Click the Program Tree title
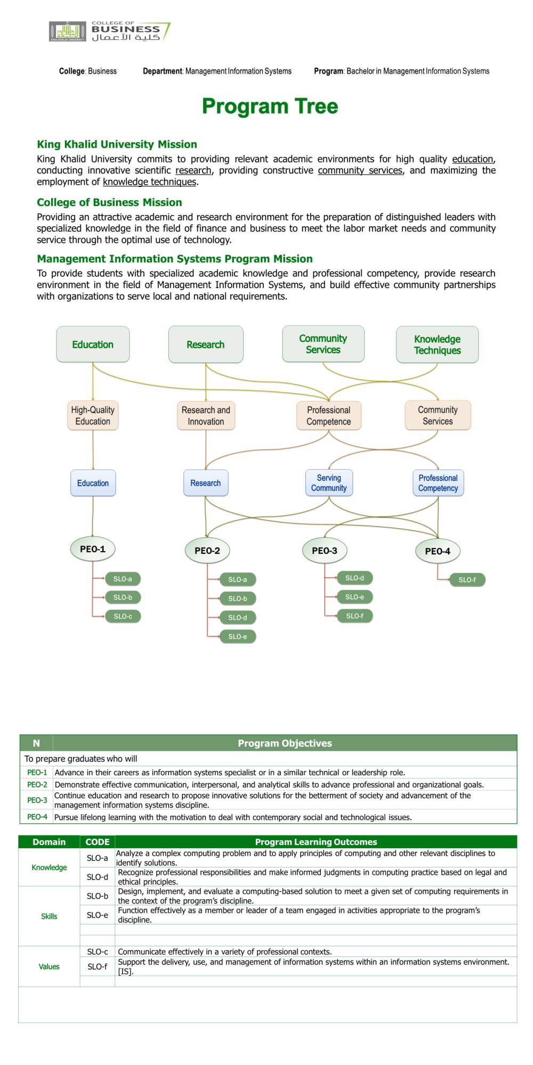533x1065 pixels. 270,106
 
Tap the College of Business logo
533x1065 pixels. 110,31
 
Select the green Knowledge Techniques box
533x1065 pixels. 437,345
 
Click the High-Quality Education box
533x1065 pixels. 93,415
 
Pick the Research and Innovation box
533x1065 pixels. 206,415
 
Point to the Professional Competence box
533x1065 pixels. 329,415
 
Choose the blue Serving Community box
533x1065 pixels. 329,483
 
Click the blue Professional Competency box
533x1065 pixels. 438,483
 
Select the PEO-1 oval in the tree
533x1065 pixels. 93,549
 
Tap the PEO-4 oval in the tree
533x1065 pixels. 438,551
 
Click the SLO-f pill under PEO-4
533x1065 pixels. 467,580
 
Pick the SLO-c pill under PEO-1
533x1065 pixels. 123,616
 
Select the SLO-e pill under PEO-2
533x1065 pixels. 238,636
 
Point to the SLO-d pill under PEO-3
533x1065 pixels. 355,578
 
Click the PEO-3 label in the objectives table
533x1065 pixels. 37,800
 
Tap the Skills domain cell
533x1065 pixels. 49,916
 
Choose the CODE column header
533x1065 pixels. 98,842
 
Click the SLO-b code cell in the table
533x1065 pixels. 98,896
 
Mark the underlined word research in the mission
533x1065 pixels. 193,170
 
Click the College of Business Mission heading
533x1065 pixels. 109,202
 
